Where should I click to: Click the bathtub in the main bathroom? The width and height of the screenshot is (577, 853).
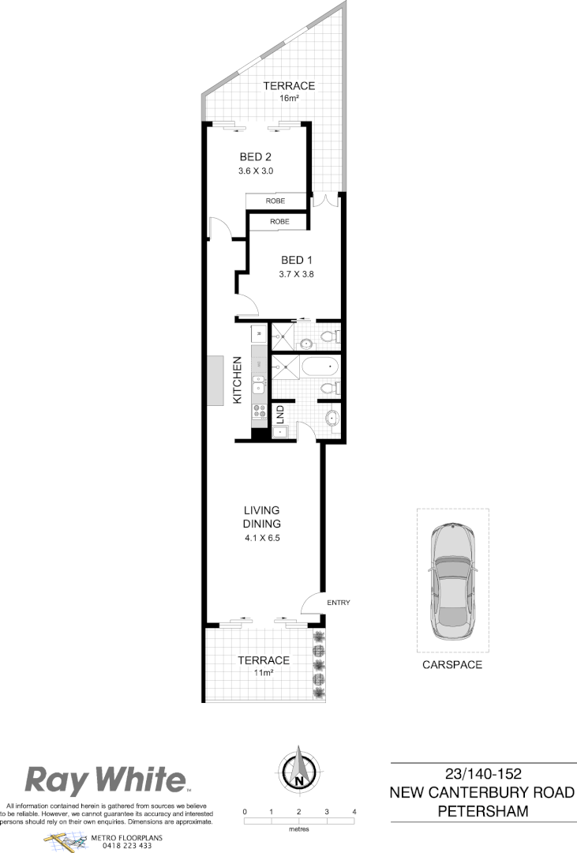(319, 368)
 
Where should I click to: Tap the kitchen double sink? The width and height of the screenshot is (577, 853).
(258, 385)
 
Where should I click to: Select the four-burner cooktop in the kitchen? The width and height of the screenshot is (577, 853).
(258, 411)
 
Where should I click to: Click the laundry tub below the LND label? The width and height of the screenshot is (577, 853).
(279, 432)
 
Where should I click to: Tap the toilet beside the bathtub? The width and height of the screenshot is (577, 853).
(332, 389)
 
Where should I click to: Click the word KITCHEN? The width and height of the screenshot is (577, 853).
(237, 380)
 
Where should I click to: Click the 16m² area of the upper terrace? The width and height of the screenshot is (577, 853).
(289, 99)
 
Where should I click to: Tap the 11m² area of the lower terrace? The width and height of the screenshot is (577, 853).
(264, 673)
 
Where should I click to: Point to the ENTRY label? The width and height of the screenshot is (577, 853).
(337, 603)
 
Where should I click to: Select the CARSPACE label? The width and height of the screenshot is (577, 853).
(451, 665)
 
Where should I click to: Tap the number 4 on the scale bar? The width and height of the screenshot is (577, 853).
(354, 812)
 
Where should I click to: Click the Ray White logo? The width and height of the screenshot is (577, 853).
(107, 780)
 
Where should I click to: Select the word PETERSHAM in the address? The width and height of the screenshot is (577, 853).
(483, 811)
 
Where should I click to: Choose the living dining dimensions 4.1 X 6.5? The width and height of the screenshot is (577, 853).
(262, 538)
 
